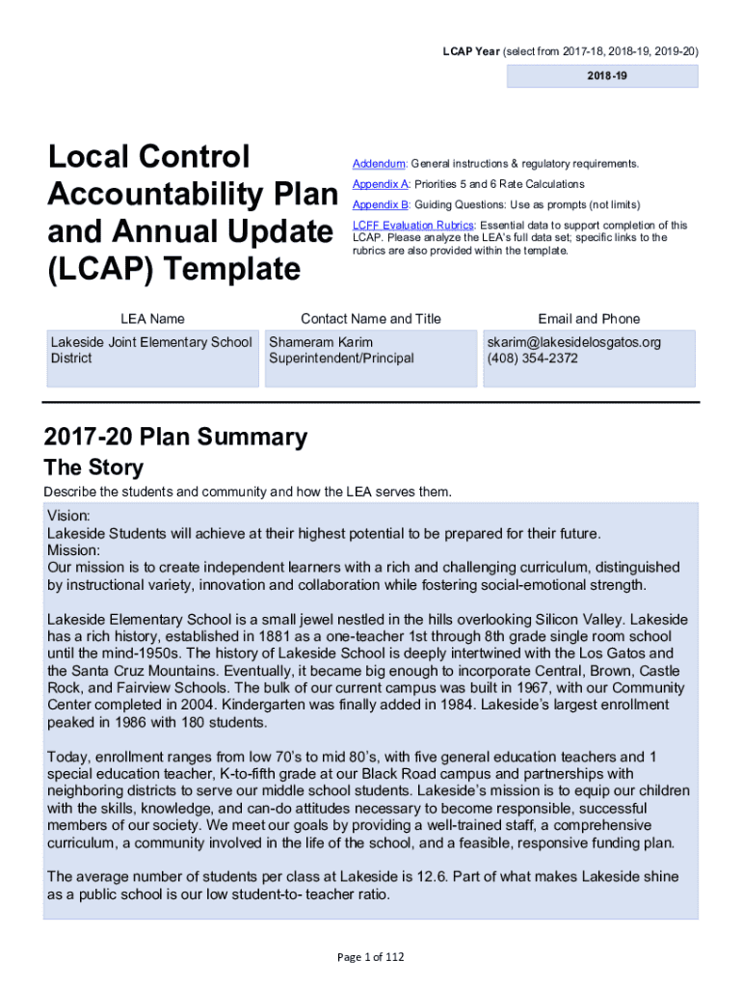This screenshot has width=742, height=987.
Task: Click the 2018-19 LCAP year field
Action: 602,74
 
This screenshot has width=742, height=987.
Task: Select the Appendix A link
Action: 382,184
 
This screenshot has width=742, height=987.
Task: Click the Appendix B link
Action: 382,204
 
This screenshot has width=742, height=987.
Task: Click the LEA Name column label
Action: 152,319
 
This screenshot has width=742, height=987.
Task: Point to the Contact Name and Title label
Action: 370,319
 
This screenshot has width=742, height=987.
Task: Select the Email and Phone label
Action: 588,319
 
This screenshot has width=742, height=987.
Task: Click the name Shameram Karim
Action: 321,342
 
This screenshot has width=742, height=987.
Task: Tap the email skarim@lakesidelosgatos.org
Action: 573,342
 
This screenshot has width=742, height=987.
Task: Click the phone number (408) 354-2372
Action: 532,359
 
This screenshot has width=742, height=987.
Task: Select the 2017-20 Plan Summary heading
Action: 175,438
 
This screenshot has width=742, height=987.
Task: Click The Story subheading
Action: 93,468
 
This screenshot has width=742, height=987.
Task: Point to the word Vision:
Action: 68,517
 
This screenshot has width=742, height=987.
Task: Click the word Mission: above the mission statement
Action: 72,550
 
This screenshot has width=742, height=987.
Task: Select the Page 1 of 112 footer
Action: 370,957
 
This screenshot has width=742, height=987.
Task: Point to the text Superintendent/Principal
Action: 341,359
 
